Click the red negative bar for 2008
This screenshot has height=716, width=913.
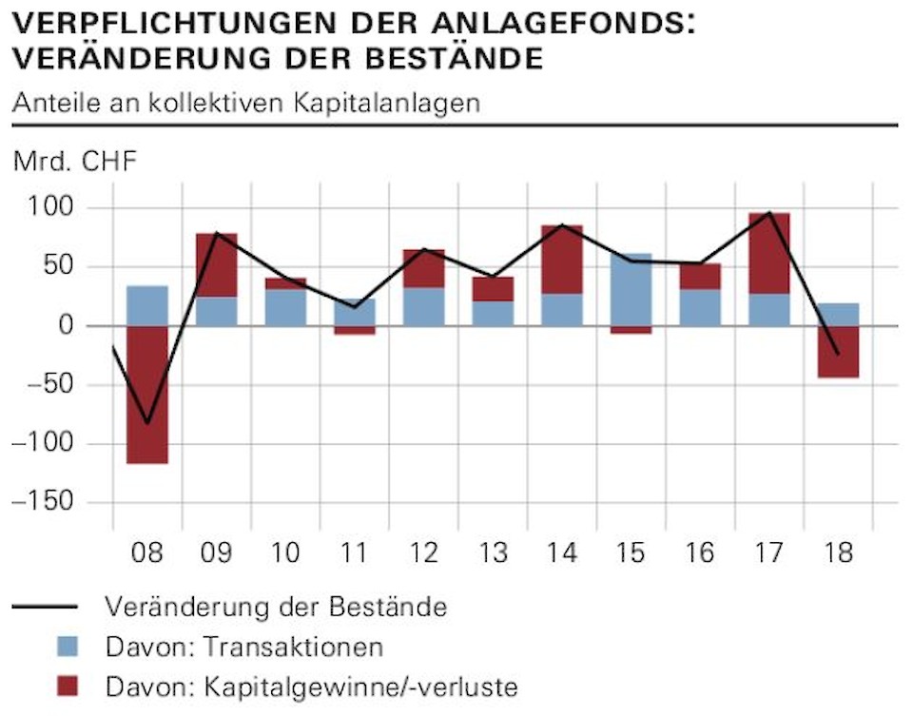coord(147,395)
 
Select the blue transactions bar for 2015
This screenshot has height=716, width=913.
coord(631,289)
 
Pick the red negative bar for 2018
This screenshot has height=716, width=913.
coord(838,352)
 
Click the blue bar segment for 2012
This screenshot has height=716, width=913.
coord(423,306)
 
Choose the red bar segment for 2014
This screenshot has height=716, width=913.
coord(562,260)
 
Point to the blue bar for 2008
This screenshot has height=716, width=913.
coord(147,305)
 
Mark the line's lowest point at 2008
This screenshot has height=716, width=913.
coord(147,423)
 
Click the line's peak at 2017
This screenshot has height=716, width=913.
coord(768,212)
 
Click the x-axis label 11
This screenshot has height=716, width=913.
coord(354,552)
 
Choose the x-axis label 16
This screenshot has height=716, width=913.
coord(699,552)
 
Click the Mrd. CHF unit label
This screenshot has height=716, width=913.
coord(75,162)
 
